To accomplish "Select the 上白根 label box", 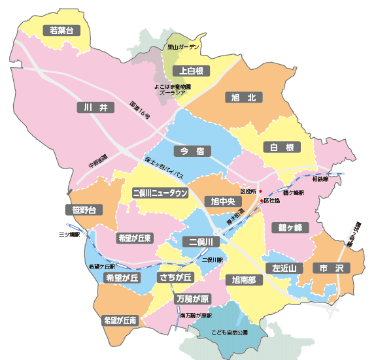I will pos(191,71).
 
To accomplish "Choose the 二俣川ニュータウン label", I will pos(160,193).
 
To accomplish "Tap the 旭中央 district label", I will pos(222,201).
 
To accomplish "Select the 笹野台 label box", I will pos(84,210).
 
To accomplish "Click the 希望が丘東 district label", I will pos(135,238).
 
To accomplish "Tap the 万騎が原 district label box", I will pos(193,299).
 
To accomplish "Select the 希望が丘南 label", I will pos(120,321).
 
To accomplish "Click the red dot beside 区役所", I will pos(260,191).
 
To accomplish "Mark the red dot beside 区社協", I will pos(261,201).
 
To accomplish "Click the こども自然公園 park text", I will pos(230,333).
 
